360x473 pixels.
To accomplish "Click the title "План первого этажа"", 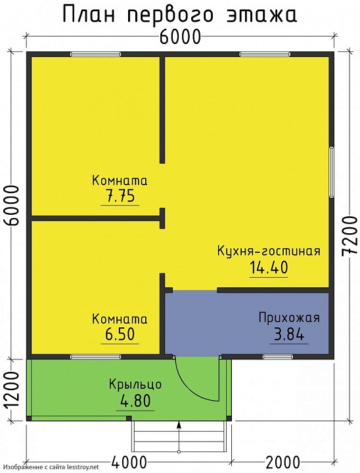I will (x=179, y=14).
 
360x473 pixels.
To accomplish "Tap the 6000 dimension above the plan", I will (x=179, y=37).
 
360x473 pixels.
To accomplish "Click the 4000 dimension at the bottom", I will (x=129, y=462).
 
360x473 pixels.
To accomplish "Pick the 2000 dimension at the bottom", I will (x=284, y=462).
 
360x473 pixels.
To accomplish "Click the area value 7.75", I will (x=120, y=196).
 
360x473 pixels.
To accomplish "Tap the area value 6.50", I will (x=120, y=334).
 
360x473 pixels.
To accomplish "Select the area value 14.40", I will (x=269, y=267).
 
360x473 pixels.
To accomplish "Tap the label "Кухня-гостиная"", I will (x=269, y=251).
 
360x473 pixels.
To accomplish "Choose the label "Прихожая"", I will (x=289, y=319).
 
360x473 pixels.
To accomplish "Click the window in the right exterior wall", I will (x=332, y=171).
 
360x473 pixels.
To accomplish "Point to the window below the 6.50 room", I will (x=91, y=357).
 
